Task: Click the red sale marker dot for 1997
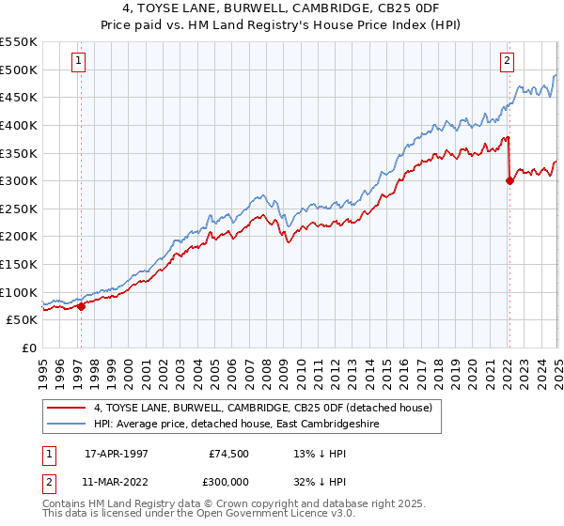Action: tap(81, 305)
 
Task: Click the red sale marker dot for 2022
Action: tap(509, 181)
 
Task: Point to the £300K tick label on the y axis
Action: tap(19, 180)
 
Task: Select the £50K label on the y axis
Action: tap(22, 320)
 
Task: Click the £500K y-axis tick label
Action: tap(19, 70)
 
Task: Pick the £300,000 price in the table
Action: tap(226, 480)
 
